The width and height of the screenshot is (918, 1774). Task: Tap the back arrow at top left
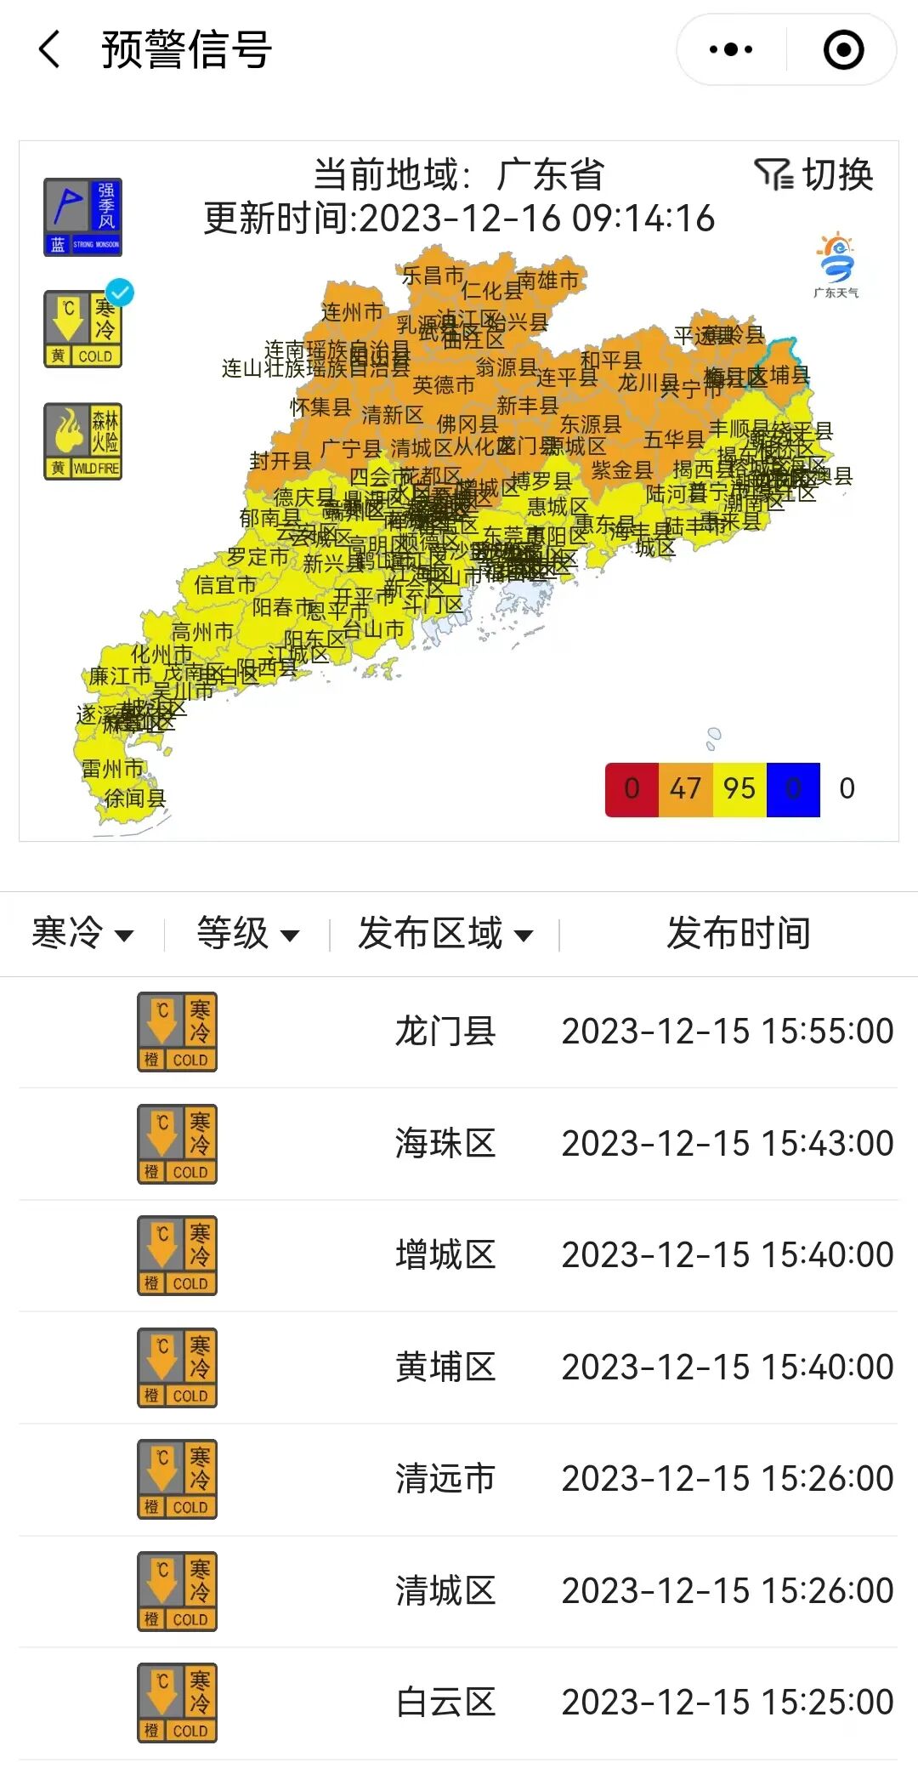coord(50,49)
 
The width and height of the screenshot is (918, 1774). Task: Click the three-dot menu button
coord(731,49)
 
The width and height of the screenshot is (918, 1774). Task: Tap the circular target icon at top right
coord(843,49)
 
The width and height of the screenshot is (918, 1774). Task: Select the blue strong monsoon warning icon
coord(83,217)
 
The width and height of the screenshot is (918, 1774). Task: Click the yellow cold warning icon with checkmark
coord(83,329)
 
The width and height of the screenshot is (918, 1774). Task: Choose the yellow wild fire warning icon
coord(83,441)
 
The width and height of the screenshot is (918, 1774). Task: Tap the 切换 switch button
coord(814,175)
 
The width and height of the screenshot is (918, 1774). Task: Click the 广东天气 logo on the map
coord(836,264)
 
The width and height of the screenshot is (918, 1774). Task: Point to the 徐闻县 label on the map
coord(135,798)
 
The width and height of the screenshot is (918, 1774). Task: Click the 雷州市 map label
coord(112,769)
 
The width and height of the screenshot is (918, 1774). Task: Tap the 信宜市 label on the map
coord(224,585)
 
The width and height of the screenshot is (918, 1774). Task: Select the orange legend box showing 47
coord(685,789)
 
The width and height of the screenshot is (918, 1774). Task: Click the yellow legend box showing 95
coord(739,789)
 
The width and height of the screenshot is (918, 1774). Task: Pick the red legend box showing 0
coord(632,789)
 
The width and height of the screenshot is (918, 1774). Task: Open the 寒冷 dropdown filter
coord(82,934)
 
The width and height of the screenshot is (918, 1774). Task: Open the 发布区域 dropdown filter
coord(445,934)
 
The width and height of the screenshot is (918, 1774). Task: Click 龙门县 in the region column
coord(445,1032)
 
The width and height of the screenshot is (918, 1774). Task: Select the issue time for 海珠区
coord(728,1144)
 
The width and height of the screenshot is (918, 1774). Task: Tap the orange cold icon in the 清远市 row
coord(178,1479)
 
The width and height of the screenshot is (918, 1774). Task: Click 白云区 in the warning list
coord(445,1703)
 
